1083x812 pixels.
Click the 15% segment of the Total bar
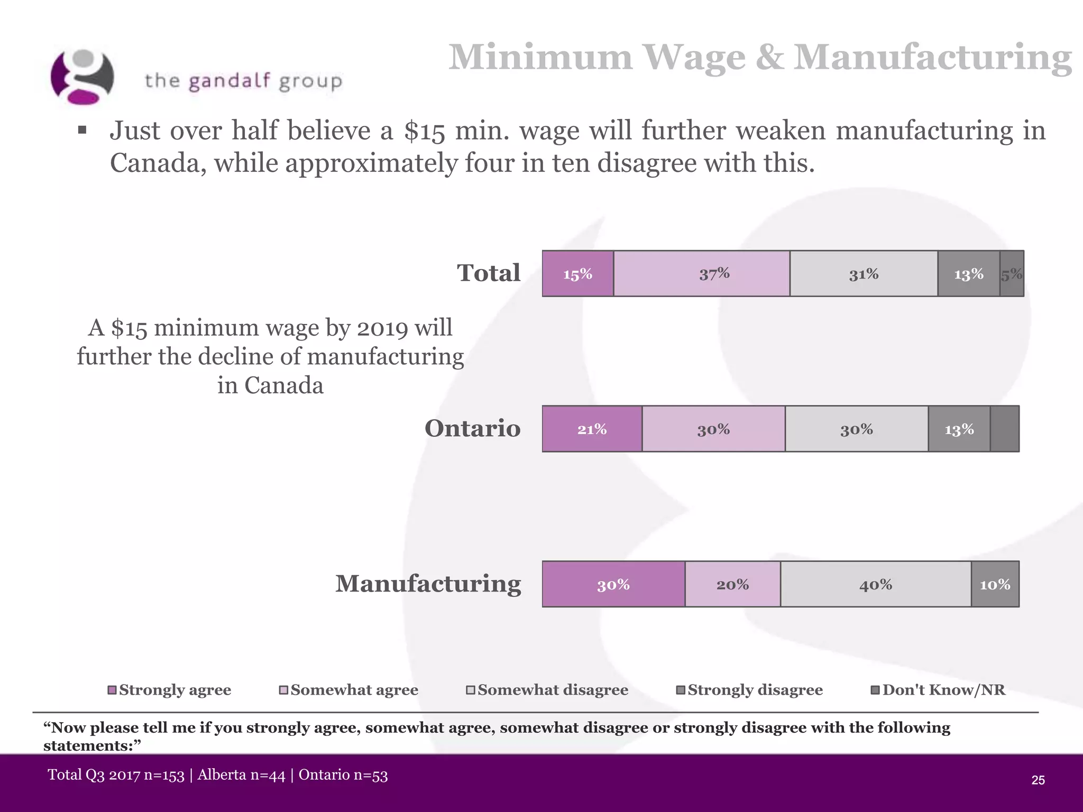tap(577, 274)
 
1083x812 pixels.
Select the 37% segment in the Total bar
tap(701, 274)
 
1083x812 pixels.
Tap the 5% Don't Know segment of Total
tap(1012, 274)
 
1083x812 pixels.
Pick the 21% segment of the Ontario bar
tap(592, 429)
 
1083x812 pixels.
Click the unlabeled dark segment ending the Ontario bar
tap(1004, 429)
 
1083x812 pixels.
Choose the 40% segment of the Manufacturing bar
tap(876, 584)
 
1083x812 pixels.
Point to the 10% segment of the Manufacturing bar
tap(995, 584)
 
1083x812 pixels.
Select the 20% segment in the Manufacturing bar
tap(732, 584)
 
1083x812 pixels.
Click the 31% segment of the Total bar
tap(864, 274)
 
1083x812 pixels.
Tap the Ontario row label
tap(472, 428)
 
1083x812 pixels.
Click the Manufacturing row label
tap(428, 584)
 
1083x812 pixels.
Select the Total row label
tap(489, 273)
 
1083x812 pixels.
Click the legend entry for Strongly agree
tap(170, 690)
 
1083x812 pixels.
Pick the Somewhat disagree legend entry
tap(547, 690)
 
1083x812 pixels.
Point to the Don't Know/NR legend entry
tap(938, 690)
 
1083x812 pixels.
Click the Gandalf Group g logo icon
tap(82, 77)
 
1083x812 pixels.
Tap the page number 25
tap(1038, 780)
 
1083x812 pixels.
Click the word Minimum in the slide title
tap(540, 57)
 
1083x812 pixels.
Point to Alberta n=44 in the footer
tap(241, 775)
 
